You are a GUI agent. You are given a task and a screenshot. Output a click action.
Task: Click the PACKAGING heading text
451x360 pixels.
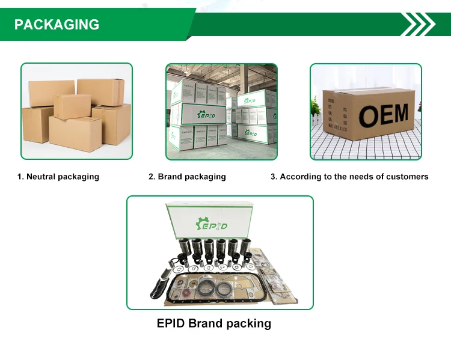click(x=57, y=25)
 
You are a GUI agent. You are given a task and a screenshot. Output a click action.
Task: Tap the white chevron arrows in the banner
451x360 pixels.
click(x=418, y=25)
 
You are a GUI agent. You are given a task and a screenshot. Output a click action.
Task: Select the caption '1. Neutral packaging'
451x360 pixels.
click(x=58, y=177)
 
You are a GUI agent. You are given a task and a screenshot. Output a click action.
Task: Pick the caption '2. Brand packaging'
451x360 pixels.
click(x=187, y=177)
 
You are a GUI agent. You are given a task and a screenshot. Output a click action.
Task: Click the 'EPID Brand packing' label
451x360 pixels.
click(x=213, y=323)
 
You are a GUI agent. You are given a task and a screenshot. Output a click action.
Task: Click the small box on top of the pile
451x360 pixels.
click(x=72, y=106)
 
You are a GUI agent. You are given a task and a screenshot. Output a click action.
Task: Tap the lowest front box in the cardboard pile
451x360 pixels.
click(x=75, y=133)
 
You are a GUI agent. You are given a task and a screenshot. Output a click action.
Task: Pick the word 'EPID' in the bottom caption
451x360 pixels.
click(x=171, y=323)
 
